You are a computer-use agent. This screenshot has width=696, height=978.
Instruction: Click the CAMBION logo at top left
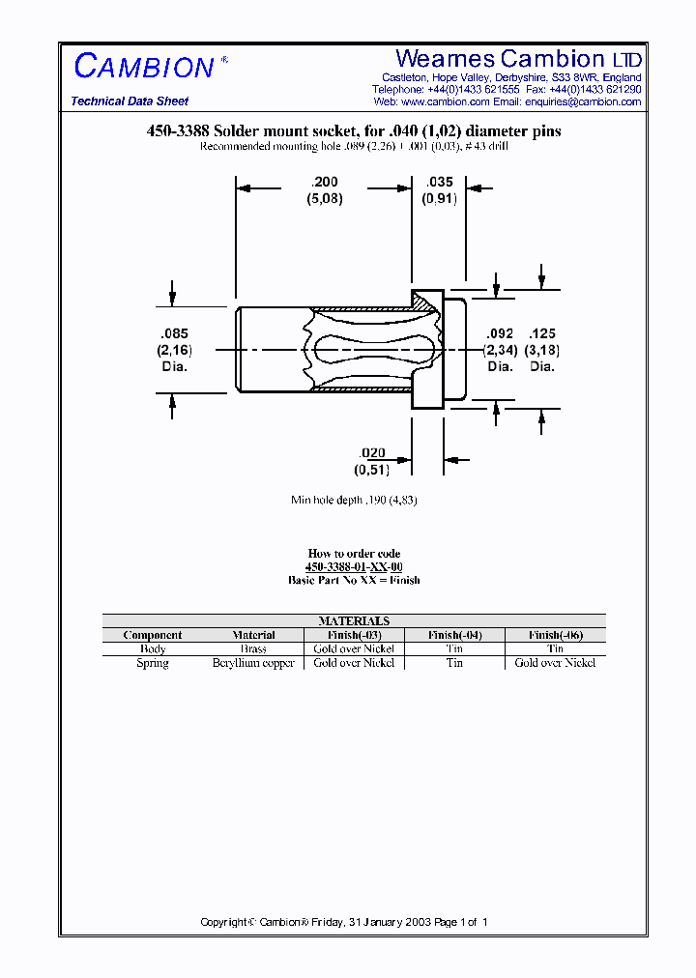[x=144, y=67]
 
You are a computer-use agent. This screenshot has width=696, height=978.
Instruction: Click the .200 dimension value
[x=325, y=181]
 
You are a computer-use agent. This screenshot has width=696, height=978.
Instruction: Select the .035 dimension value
[x=439, y=181]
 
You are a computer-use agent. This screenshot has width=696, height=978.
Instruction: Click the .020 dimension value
[x=371, y=453]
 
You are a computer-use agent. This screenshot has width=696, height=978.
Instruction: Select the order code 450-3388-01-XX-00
[x=354, y=567]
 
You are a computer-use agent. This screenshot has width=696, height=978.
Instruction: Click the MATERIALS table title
[x=354, y=621]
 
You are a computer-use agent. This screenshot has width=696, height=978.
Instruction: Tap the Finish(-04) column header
[x=454, y=635]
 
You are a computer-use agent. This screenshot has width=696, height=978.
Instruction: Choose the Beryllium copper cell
[x=253, y=663]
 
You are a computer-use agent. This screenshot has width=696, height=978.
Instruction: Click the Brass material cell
[x=253, y=649]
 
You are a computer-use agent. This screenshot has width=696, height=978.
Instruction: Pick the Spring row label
[x=153, y=663]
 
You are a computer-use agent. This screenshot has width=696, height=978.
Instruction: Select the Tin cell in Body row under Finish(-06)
[x=555, y=649]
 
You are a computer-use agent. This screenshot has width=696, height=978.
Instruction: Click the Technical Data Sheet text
[x=130, y=101]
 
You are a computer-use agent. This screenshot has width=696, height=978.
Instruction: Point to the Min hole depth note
[x=354, y=500]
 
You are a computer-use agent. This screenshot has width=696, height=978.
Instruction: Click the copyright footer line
[x=344, y=922]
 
